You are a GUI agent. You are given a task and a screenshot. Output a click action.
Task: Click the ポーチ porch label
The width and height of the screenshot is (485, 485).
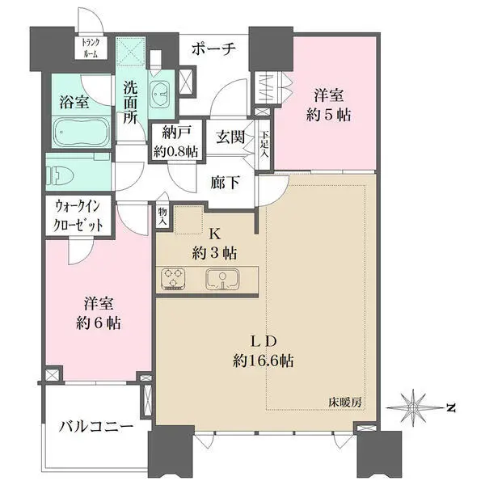click(x=213, y=49)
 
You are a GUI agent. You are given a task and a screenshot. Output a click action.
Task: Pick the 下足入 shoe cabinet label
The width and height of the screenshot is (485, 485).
click(x=264, y=146)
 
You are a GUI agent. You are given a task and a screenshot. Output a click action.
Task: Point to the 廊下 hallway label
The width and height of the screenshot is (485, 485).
click(x=225, y=183)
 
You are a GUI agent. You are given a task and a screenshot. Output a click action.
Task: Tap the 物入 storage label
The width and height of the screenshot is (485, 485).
click(x=162, y=213)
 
